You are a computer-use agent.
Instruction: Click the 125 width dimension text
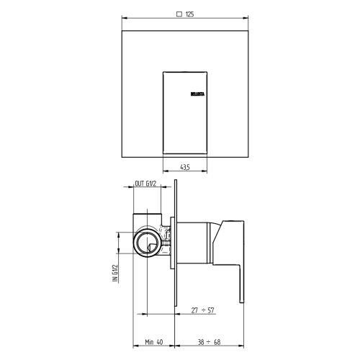click(191, 13)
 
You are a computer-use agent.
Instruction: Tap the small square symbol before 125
click(178, 13)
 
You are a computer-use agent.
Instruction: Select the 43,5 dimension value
click(186, 167)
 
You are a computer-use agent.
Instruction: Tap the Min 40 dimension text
click(153, 344)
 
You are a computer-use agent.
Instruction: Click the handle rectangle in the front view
click(186, 112)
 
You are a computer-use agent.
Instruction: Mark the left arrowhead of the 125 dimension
click(123, 19)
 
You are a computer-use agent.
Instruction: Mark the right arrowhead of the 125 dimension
click(248, 19)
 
